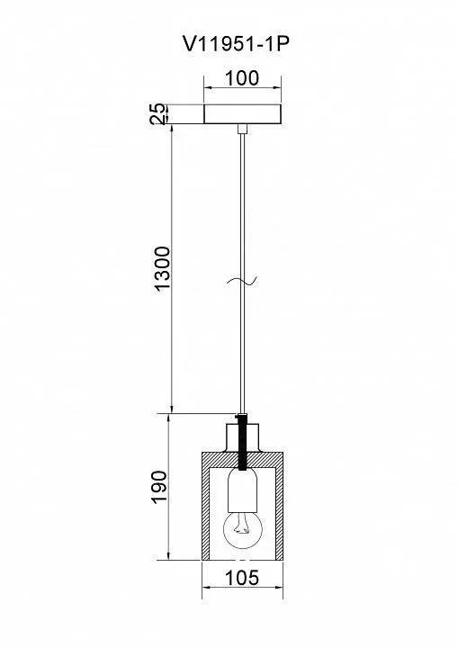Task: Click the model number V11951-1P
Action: [235, 44]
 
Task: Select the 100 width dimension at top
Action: [242, 78]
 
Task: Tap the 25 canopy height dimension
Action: [157, 114]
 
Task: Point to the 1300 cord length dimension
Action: [162, 268]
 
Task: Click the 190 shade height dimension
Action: [159, 487]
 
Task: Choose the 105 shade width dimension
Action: [242, 578]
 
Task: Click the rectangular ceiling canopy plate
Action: [243, 114]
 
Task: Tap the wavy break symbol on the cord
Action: [242, 282]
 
